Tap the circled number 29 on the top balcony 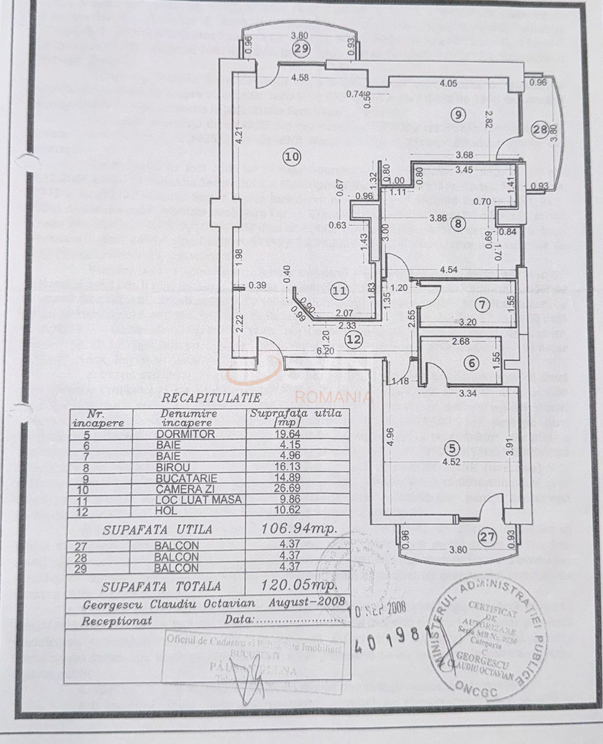301,49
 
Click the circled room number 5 451,448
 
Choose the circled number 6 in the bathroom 472,363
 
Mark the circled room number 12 354,339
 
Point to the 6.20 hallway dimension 326,351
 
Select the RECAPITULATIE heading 211,398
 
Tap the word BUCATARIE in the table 185,478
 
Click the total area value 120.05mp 300,585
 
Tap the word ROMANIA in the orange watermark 334,397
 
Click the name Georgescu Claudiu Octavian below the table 169,603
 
